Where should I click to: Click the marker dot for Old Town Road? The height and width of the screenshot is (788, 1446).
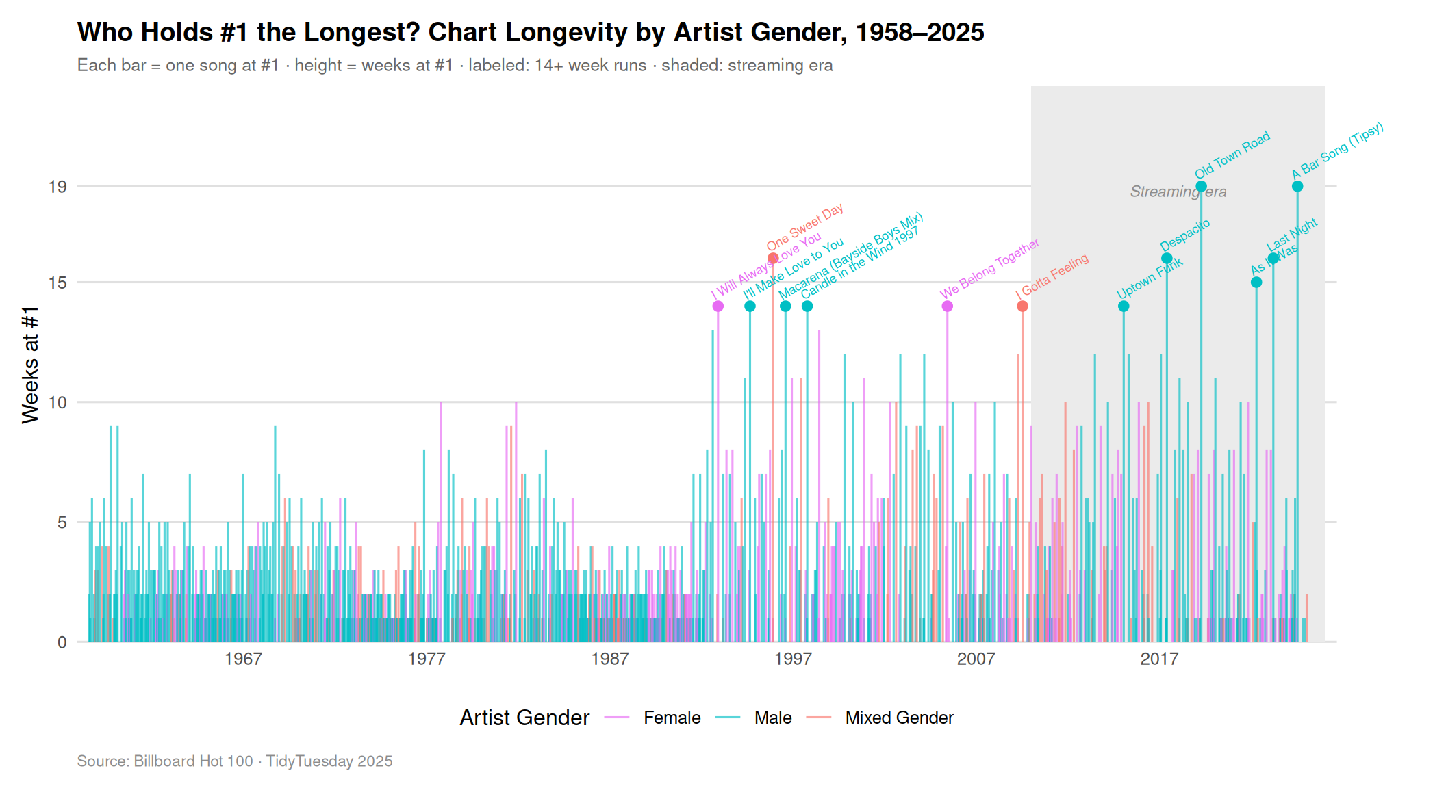pos(1201,186)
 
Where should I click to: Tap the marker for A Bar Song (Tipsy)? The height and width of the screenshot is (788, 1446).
pos(1297,186)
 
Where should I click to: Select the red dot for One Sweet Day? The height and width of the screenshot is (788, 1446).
pos(773,259)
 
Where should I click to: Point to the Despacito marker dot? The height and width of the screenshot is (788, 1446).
pos(1167,259)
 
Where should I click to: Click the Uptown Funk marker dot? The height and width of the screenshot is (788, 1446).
pos(1124,306)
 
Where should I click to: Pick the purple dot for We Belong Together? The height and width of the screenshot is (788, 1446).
pos(947,306)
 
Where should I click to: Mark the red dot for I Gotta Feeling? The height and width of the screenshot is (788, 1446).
pos(1022,306)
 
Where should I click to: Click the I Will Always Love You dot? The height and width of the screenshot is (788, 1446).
pos(718,306)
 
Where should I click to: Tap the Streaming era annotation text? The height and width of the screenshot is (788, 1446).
pos(1178,192)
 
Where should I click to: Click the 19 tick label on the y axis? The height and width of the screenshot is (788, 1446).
pos(58,187)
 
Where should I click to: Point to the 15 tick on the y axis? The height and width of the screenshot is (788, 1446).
pos(58,283)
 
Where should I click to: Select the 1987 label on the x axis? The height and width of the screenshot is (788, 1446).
pos(609,659)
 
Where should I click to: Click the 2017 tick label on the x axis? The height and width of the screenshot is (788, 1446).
pos(1158,659)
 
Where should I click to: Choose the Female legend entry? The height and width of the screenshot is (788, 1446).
pos(671,718)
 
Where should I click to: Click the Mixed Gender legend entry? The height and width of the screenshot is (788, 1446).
pos(898,718)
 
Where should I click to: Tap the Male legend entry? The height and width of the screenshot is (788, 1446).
pos(772,718)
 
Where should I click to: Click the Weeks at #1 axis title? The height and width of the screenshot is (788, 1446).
pos(30,365)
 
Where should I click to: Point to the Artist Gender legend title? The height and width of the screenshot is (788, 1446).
pos(524,718)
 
